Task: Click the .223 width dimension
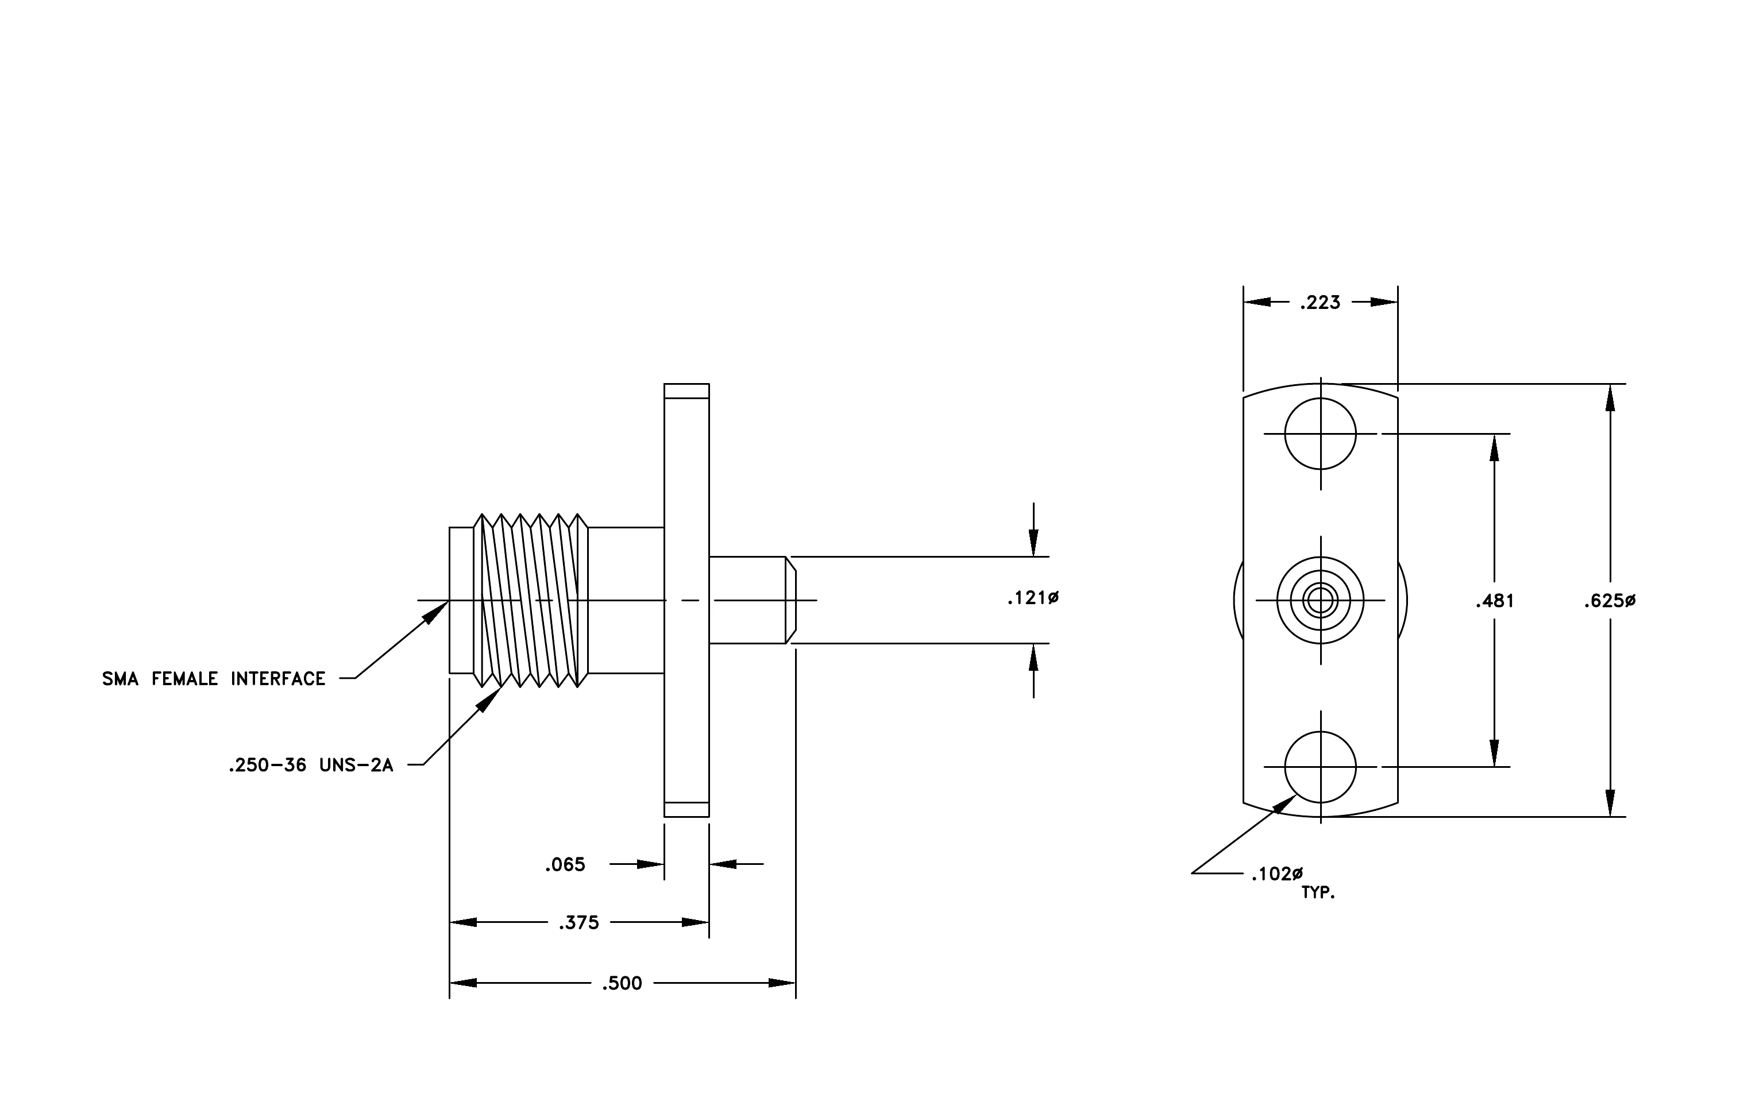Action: coord(1320,302)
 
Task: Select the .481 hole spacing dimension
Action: coord(1494,601)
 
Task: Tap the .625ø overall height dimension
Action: coord(1609,601)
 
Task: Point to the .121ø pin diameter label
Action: coord(1033,598)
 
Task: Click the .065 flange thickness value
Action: coord(565,865)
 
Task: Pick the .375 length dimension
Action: coord(578,923)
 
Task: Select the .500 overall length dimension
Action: coord(622,983)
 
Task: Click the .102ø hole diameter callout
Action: coord(1277,874)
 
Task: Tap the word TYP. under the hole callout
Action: coord(1318,892)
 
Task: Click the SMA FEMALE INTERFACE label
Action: coord(214,679)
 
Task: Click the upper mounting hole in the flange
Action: coord(1320,434)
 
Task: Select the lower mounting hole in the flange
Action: coord(1320,767)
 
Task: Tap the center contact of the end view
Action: coord(1320,601)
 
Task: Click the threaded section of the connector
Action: coord(531,600)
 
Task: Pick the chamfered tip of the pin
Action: coord(790,600)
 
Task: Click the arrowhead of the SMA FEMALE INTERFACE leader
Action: coord(437,612)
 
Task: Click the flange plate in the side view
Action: coord(686,600)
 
